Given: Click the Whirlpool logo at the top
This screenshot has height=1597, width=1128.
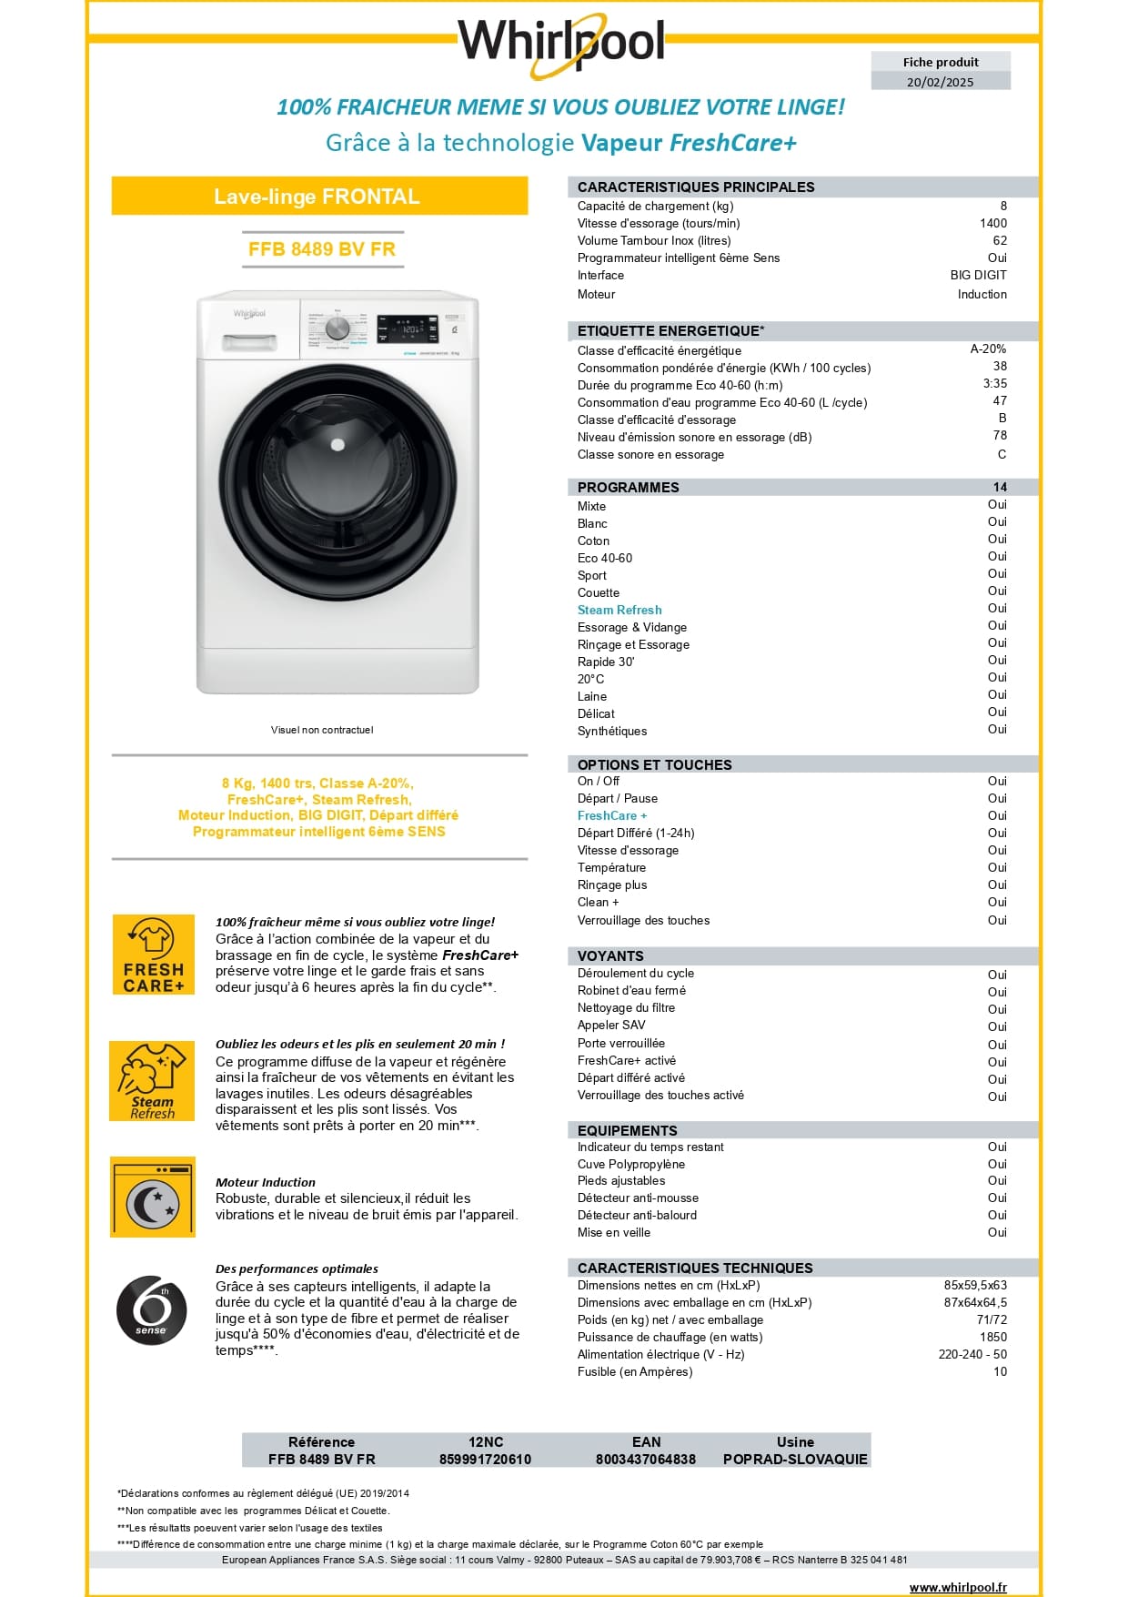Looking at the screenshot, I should point(561,41).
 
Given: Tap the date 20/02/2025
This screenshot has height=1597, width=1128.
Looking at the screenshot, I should point(940,82).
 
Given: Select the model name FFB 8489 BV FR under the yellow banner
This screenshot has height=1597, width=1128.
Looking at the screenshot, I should point(321,249).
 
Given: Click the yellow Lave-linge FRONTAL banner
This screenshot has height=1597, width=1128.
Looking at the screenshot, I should point(318,197).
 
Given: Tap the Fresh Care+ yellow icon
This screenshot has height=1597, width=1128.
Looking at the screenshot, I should point(153,955).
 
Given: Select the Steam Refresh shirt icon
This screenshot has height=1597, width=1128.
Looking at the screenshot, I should point(152,1080).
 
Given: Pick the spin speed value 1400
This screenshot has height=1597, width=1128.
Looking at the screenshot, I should point(992,223).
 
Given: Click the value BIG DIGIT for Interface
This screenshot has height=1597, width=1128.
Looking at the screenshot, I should point(978,275).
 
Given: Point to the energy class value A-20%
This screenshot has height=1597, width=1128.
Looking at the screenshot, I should point(988,349).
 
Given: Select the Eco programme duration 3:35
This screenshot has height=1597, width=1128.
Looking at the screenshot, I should point(994,384).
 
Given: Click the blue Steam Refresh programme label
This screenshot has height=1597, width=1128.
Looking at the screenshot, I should point(619,610).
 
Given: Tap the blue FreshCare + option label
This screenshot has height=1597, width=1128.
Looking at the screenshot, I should point(612,815).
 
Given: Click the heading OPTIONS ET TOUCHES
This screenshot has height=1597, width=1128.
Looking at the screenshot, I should point(654,764).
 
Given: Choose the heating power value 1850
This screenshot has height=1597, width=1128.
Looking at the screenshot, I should point(992,1337).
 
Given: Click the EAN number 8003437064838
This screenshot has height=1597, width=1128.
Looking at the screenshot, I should point(645,1459).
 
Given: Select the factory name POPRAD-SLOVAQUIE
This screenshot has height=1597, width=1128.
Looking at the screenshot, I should point(795,1459).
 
